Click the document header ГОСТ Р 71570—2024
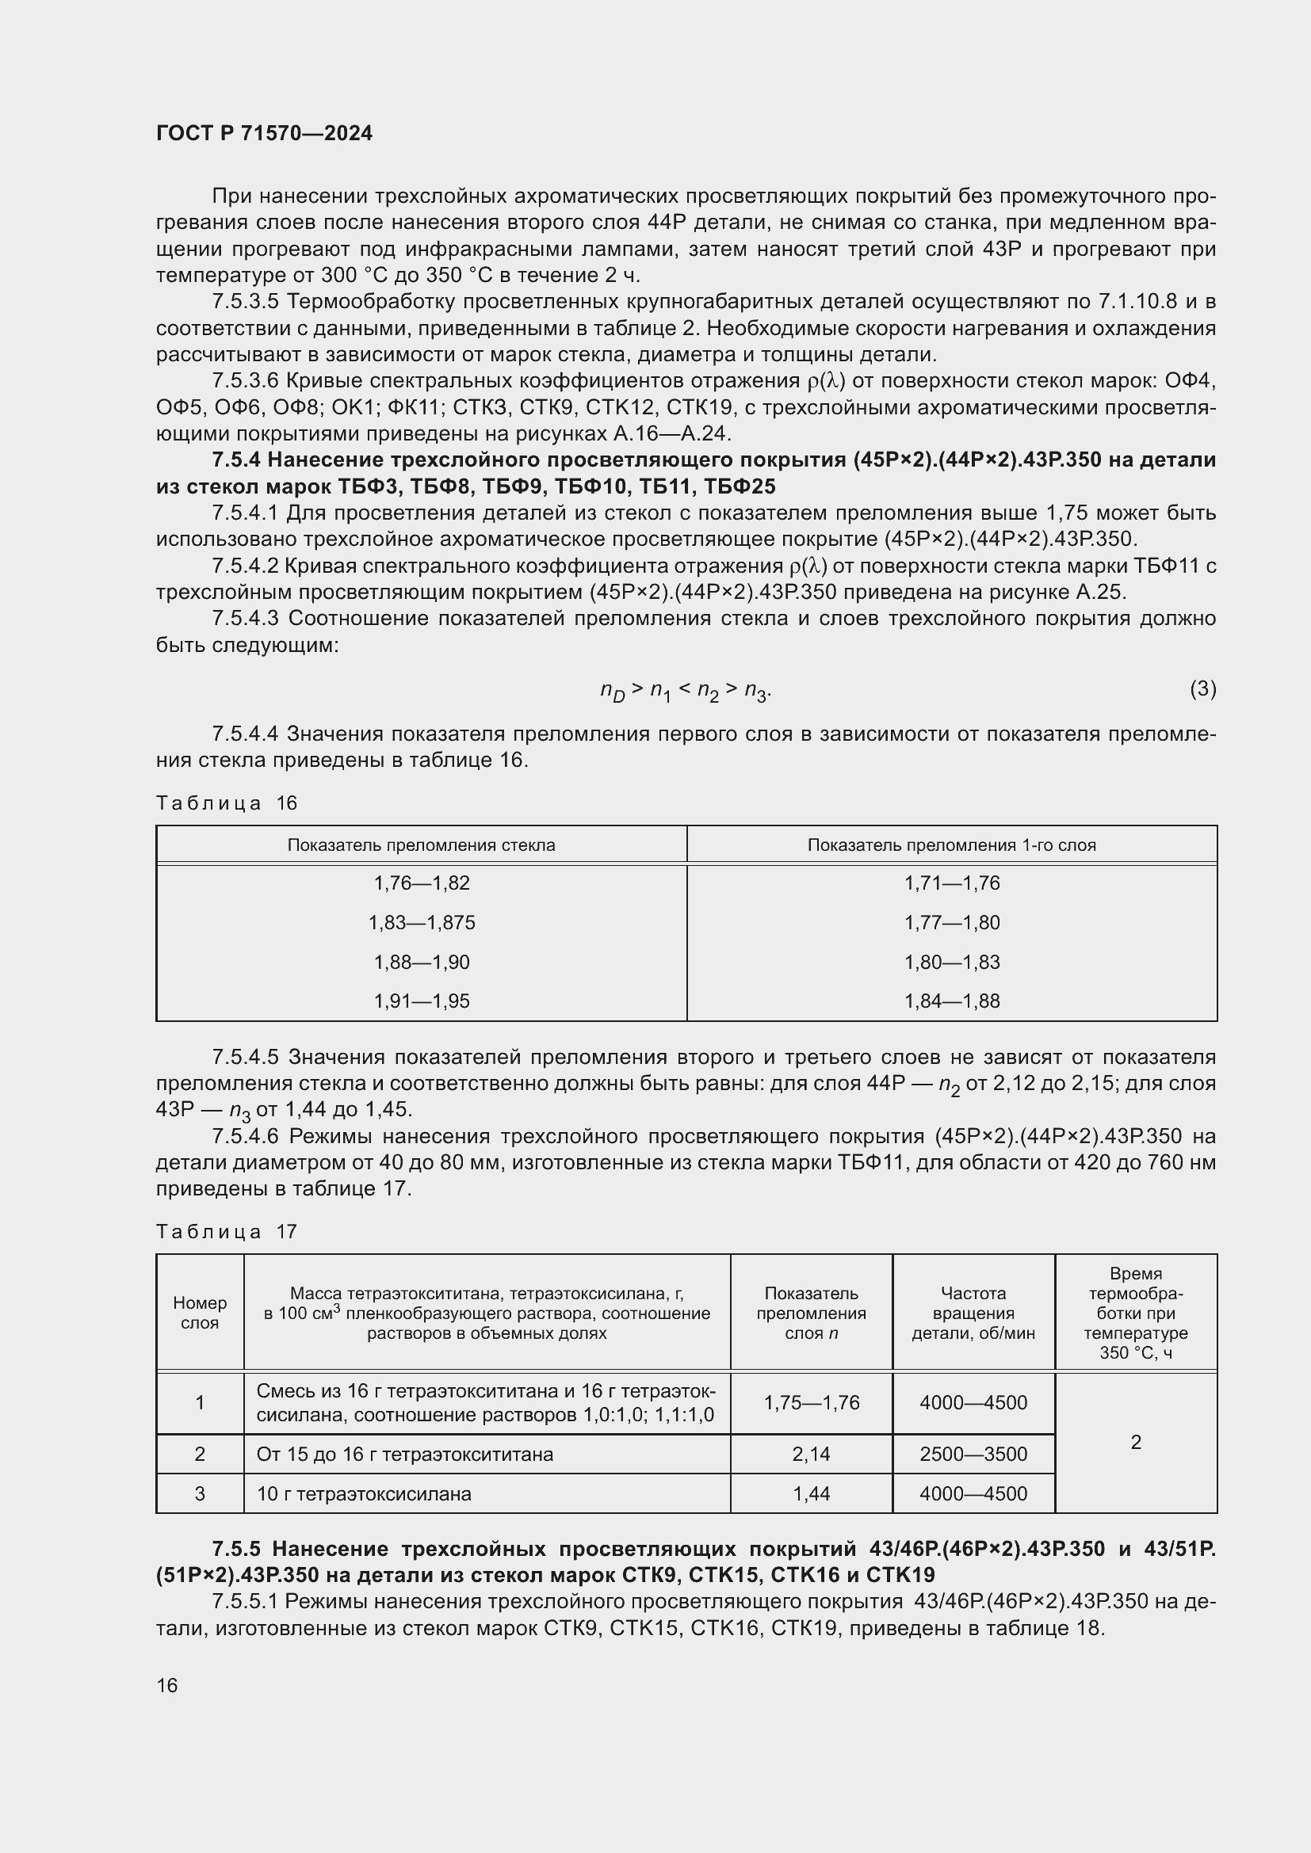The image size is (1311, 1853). [264, 134]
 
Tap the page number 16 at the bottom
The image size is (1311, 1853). [167, 1685]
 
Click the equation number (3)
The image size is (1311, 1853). [1202, 688]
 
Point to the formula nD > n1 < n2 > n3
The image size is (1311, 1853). [686, 691]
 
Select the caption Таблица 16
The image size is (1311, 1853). [227, 803]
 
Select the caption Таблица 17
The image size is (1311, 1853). [227, 1232]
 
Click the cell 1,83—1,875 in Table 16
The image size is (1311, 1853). [422, 922]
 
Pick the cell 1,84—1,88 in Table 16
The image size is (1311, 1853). [952, 1001]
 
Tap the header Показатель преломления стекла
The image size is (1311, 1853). [422, 845]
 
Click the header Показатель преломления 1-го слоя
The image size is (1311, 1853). [952, 845]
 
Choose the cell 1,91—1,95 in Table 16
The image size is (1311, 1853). [422, 1001]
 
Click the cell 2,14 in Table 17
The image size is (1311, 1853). [812, 1455]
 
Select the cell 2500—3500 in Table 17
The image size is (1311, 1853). [973, 1455]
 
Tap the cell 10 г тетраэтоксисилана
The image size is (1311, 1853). [363, 1494]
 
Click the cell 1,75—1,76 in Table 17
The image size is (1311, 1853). [812, 1403]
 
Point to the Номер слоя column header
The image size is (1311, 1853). [200, 1312]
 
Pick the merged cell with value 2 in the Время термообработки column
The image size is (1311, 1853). [1136, 1442]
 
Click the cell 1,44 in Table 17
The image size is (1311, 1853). [812, 1494]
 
